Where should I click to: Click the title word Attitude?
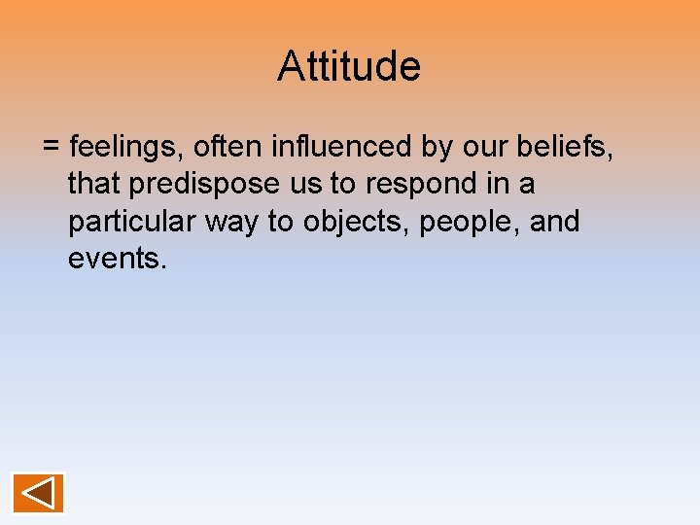pyautogui.click(x=349, y=67)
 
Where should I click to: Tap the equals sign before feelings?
pyautogui.click(x=52, y=148)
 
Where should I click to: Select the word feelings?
pyautogui.click(x=126, y=148)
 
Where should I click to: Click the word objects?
pyautogui.click(x=354, y=223)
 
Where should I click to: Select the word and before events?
pyautogui.click(x=555, y=222)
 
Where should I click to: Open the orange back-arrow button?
pyautogui.click(x=38, y=492)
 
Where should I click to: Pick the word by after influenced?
pyautogui.click(x=436, y=148)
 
